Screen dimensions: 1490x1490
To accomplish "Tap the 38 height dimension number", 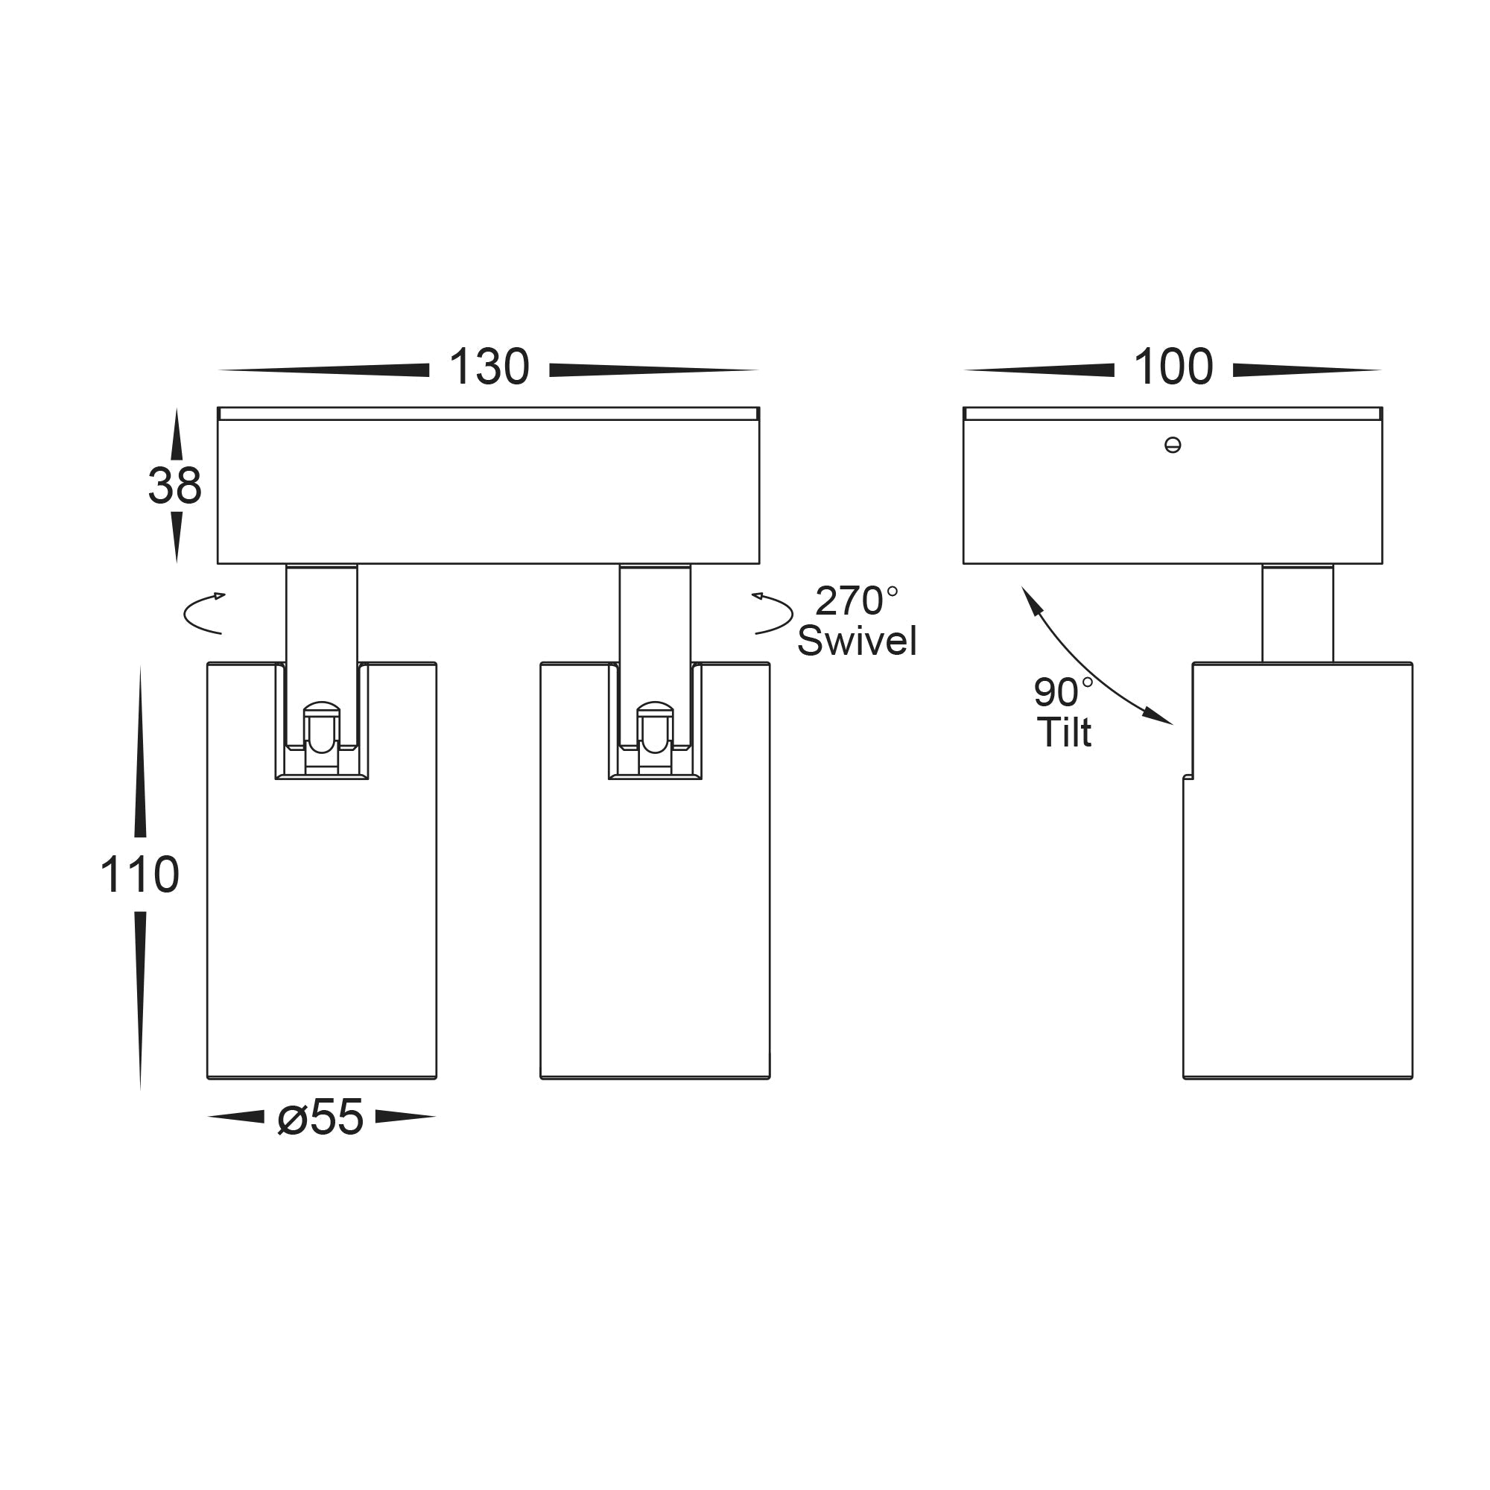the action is point(175,486).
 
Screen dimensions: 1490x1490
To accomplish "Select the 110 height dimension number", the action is point(139,875).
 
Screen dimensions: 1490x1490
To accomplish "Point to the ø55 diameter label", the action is point(320,1117).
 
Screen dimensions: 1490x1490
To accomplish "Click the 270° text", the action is point(857,600).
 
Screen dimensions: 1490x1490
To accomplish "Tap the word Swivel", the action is point(857,641).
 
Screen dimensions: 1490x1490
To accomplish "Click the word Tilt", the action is point(1065,732).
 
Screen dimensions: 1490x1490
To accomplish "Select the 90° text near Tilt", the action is point(1064,692).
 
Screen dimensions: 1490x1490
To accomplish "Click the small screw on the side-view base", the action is point(1172,445).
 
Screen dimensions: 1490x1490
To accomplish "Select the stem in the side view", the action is point(1297,614).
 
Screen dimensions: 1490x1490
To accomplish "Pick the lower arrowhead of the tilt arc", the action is point(1158,716).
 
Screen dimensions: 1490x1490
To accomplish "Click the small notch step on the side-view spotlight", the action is point(1188,776).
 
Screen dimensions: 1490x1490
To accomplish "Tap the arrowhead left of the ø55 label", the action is point(236,1116).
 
